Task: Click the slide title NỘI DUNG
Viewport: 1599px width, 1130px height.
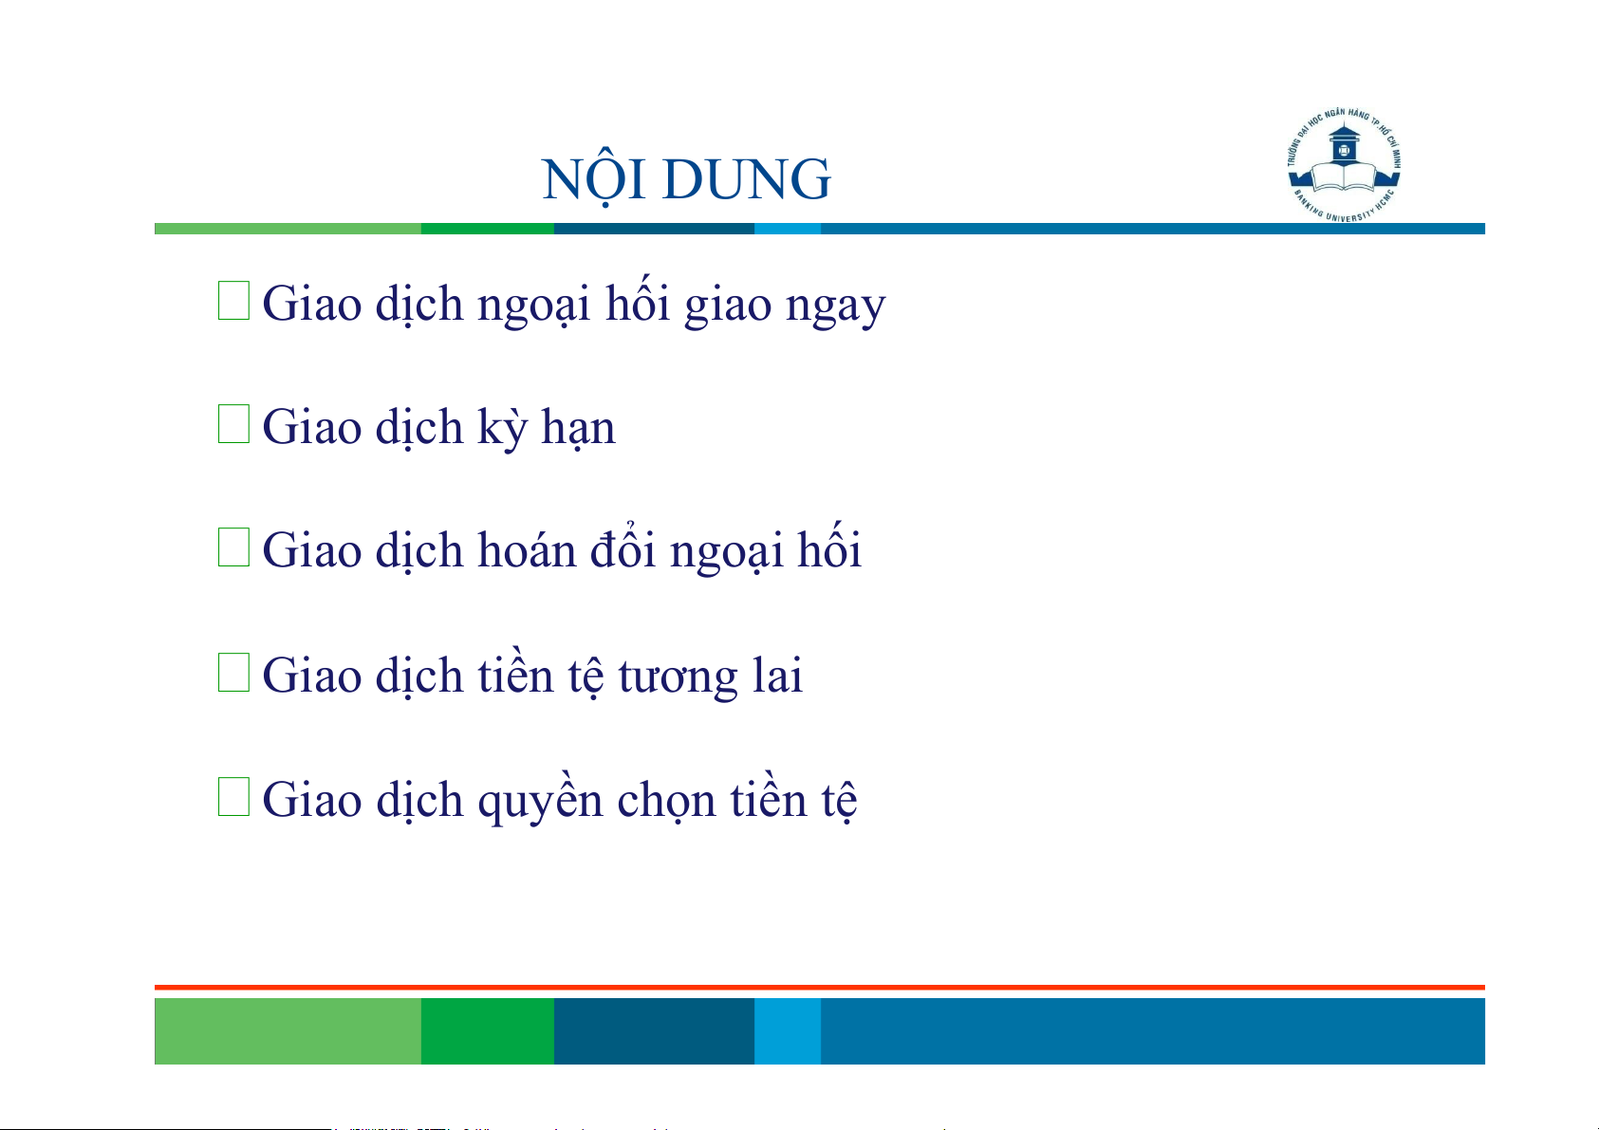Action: pos(686,177)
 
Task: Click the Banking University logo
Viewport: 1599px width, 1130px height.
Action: pos(1344,165)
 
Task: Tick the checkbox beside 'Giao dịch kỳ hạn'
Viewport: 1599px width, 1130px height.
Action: pos(233,423)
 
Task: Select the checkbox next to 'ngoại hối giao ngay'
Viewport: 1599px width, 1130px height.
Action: pos(233,300)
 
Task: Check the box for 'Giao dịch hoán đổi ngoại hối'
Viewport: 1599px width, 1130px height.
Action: pos(233,546)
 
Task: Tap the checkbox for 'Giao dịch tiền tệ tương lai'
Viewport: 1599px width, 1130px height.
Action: pos(233,672)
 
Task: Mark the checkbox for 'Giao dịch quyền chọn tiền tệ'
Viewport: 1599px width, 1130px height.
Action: pos(233,796)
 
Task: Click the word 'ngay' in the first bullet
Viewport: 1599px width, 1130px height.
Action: pos(835,308)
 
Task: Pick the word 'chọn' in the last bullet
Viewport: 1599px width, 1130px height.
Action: pos(666,801)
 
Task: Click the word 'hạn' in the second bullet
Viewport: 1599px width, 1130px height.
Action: pos(578,428)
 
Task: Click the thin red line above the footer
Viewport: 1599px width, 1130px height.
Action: pos(820,988)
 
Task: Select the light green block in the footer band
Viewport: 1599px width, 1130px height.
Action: pos(288,1030)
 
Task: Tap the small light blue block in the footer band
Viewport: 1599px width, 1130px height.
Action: pos(788,1030)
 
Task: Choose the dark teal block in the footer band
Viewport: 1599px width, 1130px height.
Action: pos(654,1030)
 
